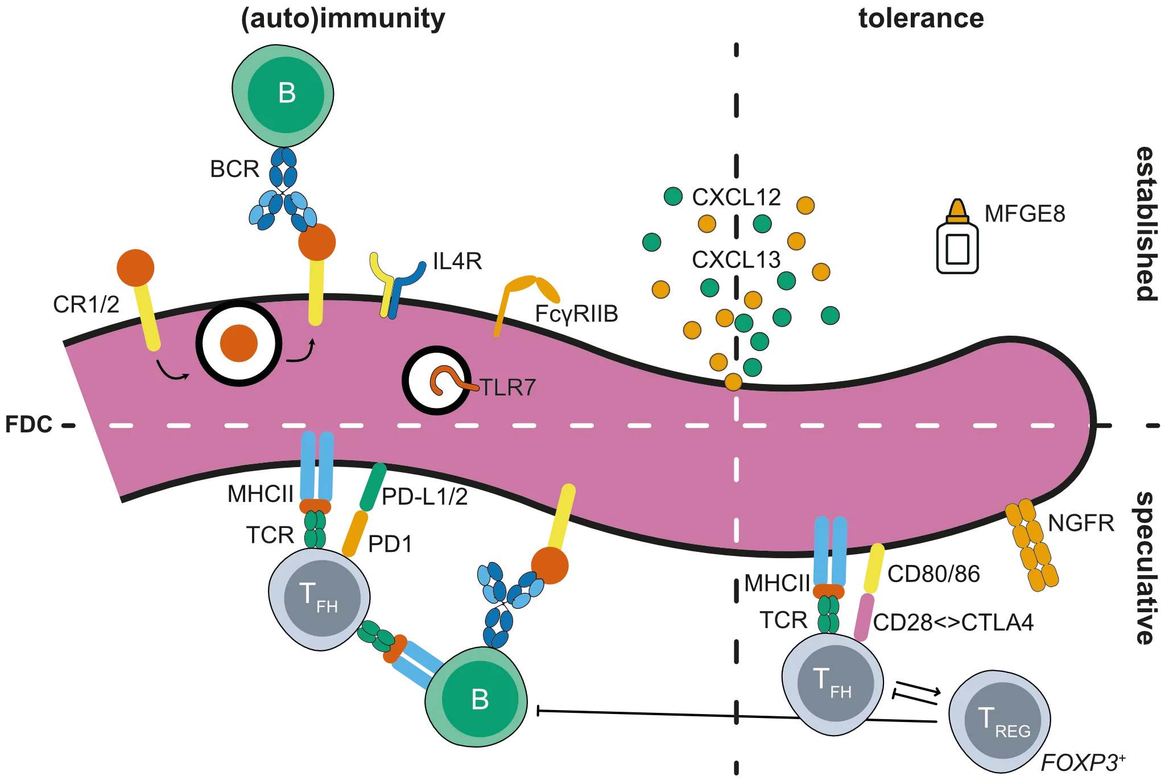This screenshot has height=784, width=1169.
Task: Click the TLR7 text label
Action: [507, 387]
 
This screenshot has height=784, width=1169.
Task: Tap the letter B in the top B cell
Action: [287, 93]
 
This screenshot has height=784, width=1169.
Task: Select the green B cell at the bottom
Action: [477, 698]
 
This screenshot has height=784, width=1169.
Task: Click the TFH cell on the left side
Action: [319, 597]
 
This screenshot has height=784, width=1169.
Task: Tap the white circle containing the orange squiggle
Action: [436, 380]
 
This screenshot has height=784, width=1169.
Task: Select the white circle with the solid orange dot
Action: [239, 344]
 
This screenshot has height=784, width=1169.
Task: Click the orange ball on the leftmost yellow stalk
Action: [135, 267]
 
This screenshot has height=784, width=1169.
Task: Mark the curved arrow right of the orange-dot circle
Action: [301, 353]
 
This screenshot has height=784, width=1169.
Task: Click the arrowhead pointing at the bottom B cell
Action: [537, 711]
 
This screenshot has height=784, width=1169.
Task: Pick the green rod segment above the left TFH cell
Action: [373, 487]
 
